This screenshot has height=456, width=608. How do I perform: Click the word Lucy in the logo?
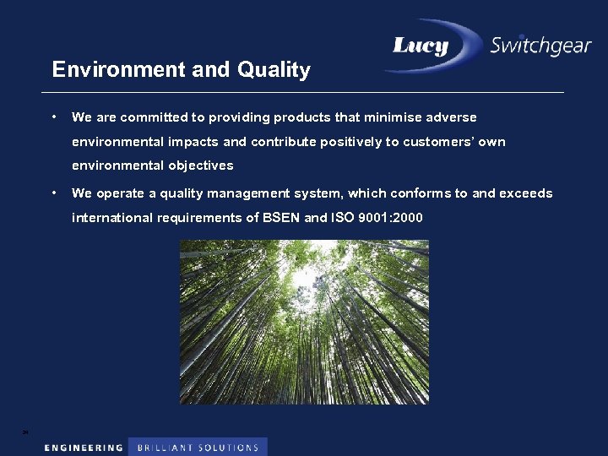[420, 46]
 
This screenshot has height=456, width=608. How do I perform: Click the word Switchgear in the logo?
[540, 46]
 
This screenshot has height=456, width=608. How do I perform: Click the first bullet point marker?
[53, 117]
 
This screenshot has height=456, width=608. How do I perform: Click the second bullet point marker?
[53, 193]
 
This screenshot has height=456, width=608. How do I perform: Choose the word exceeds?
[526, 193]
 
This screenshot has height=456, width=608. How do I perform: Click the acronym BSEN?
[275, 218]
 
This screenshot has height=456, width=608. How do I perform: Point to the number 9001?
[373, 218]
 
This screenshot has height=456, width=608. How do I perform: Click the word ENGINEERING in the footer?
[84, 448]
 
